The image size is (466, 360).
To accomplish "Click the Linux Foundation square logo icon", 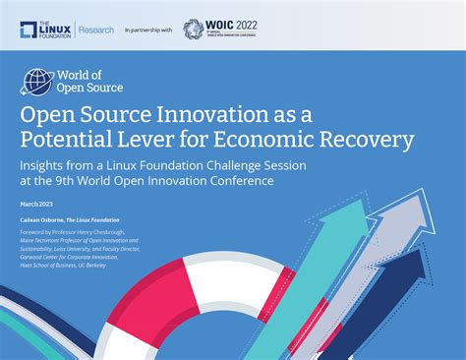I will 31,30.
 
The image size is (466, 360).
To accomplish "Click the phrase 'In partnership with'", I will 148,30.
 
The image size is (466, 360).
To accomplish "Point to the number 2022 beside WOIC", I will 259,25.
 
